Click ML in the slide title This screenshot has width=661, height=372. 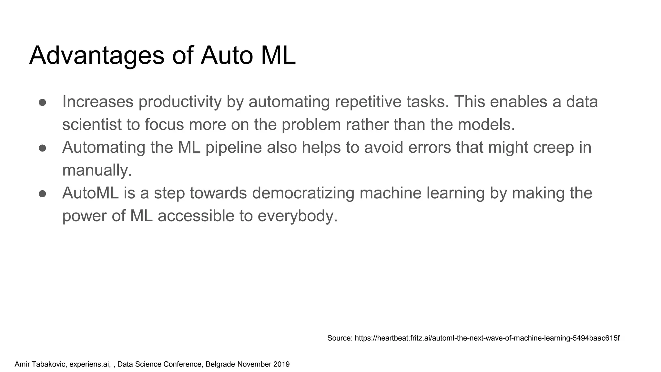tap(278, 56)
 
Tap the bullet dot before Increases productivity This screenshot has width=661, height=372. tap(43, 102)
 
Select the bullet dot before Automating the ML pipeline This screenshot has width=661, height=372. tap(43, 148)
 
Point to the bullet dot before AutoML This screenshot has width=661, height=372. tap(43, 194)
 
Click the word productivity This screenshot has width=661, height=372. tap(180, 102)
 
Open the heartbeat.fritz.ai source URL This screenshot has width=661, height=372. tap(487, 338)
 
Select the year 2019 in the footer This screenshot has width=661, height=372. tap(281, 364)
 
